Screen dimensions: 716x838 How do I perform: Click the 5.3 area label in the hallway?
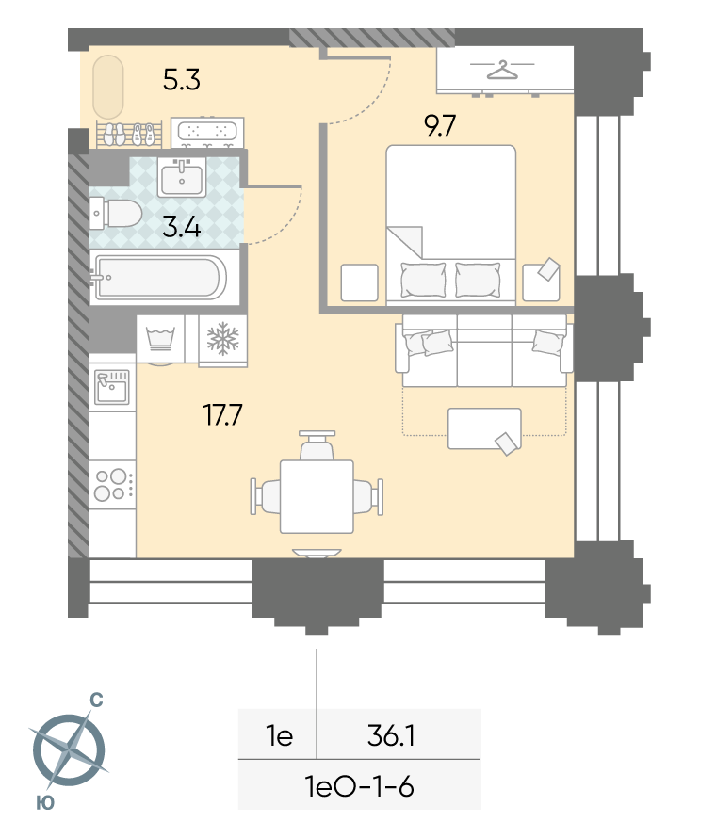click(182, 80)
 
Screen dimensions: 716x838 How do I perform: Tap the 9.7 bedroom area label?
click(440, 126)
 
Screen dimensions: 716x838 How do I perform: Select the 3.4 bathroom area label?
click(182, 227)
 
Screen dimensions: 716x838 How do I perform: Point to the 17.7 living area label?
click(223, 414)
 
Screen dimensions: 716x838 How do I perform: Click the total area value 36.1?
click(391, 735)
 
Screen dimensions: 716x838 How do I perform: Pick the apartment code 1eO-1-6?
click(359, 787)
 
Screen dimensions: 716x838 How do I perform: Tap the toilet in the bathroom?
click(116, 213)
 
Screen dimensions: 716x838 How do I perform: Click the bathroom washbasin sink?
click(182, 177)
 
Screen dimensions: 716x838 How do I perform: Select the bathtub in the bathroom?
click(160, 278)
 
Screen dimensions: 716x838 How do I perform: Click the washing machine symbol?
click(160, 339)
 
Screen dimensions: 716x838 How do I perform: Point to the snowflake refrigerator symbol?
click(223, 339)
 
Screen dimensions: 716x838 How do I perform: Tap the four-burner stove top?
click(113, 485)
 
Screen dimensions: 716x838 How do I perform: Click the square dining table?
click(317, 496)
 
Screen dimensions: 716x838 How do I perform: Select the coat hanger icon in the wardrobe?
click(502, 70)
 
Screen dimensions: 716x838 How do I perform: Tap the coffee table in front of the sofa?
click(484, 428)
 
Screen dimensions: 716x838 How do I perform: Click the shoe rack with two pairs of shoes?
click(129, 134)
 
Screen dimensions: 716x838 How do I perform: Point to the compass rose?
click(69, 749)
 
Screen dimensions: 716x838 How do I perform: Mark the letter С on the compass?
click(96, 700)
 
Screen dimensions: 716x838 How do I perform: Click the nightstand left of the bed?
click(359, 282)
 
